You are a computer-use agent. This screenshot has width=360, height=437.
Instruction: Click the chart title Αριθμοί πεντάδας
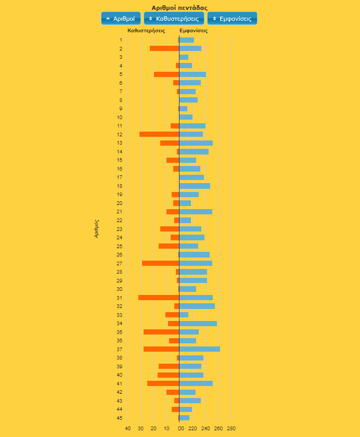pos(179,8)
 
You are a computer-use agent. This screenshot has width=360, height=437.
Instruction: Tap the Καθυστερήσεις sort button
pos(174,18)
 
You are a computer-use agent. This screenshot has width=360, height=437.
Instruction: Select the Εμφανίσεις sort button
pos(232,18)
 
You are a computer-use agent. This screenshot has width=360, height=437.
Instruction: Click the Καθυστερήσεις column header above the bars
pos(146,31)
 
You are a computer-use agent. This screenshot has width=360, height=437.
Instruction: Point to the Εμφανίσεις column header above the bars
pos(194,31)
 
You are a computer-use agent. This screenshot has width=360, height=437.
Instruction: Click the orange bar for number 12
pos(159,134)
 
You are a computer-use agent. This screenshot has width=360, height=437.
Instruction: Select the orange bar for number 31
pos(159,298)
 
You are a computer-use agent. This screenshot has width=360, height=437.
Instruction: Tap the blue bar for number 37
pos(200,349)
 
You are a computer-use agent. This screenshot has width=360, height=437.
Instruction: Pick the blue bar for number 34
pos(198,324)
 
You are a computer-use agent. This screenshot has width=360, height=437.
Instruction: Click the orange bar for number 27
pos(161,263)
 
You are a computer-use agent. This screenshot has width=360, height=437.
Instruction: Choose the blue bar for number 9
pos(183,109)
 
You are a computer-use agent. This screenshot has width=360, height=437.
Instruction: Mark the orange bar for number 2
pos(164,48)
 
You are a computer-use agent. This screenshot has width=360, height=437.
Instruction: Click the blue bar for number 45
pos(184,418)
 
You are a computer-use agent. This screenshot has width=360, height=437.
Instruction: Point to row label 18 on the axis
pos(120,186)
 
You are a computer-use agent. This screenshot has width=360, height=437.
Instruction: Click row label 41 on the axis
pos(120,383)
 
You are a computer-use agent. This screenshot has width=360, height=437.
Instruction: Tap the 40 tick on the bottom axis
pos(127,429)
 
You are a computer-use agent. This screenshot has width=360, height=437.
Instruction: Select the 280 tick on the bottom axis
pos(232,429)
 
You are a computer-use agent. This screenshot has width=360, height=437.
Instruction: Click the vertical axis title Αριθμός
pos(97,229)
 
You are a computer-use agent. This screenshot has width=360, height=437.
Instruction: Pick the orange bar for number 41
pos(163,383)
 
